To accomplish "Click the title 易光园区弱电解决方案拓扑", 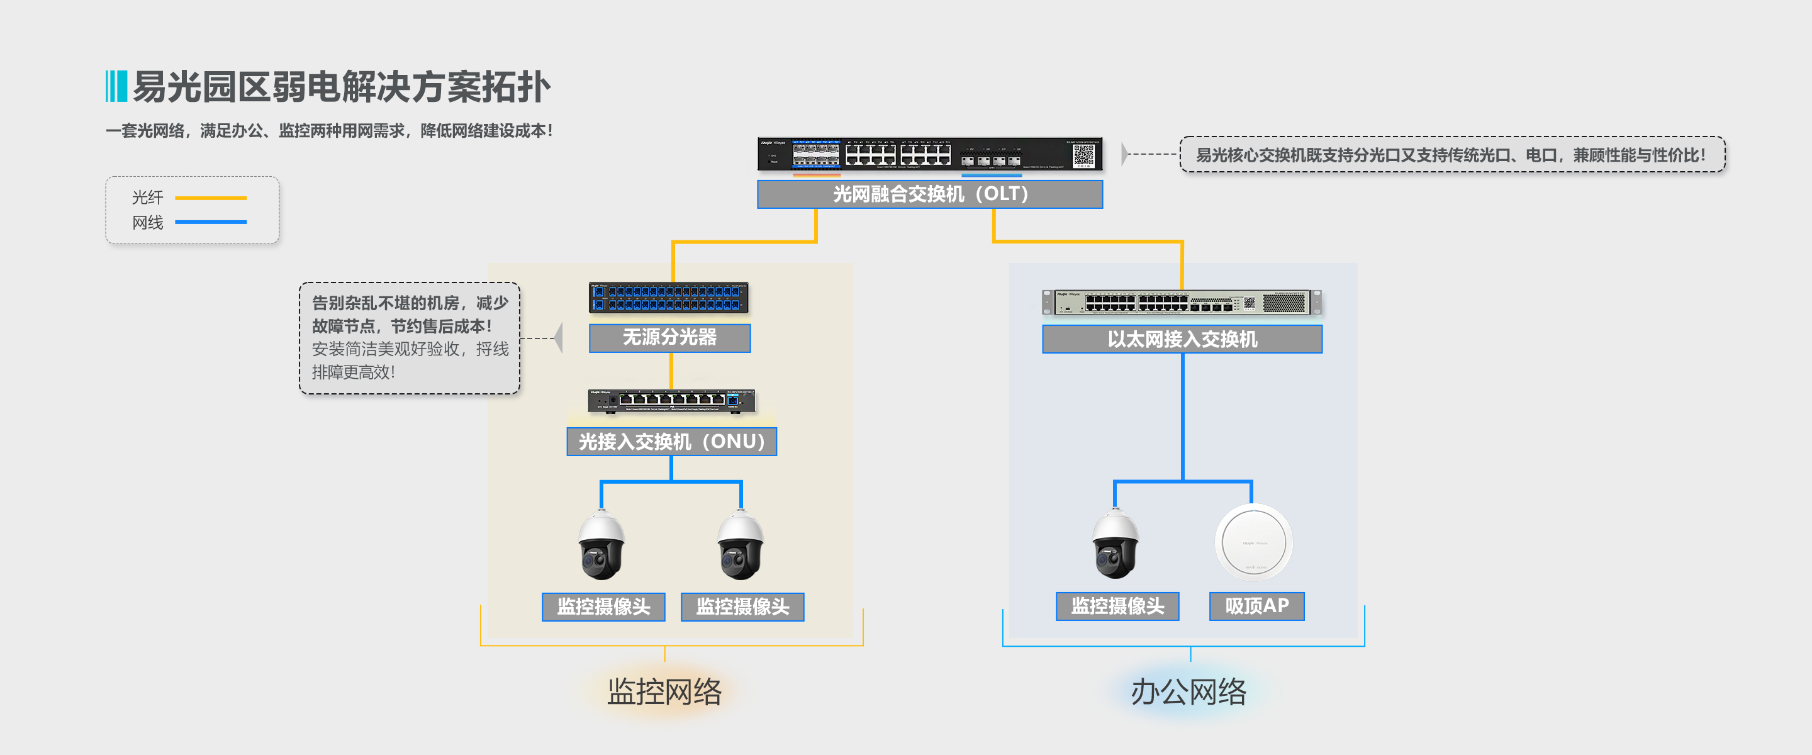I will coord(341,87).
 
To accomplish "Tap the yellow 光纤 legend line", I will coord(210,198).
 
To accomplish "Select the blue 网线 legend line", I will coord(210,222).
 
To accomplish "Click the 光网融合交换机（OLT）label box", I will coord(929,194).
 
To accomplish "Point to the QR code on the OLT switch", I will coord(1083,155).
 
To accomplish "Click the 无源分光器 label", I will coord(669,338).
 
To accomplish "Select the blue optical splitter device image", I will coord(668,298).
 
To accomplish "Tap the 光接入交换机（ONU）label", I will coord(671,442).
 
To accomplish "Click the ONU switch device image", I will coord(671,400).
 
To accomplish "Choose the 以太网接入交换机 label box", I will coord(1182,339).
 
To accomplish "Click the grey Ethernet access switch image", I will coord(1181,303).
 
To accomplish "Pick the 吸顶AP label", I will coord(1256,606).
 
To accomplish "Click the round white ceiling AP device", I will coord(1253,542).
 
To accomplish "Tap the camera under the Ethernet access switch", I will coord(1115,545).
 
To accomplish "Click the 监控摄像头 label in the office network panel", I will coord(1117,606).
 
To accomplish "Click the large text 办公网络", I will coord(1188,691).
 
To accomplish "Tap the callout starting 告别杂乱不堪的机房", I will coord(410,338).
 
